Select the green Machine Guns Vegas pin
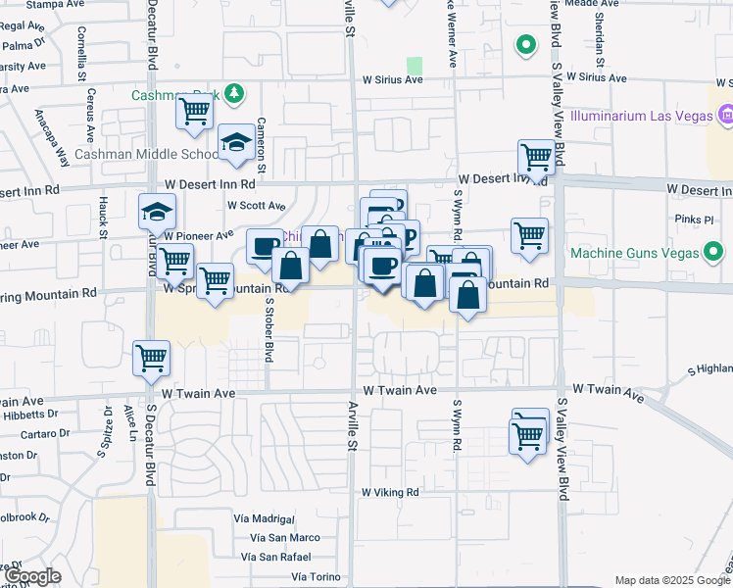[714, 253]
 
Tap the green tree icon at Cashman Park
[233, 94]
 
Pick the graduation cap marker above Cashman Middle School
[236, 143]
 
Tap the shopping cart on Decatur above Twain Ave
[151, 358]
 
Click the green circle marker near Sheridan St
[526, 45]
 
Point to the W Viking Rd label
[390, 492]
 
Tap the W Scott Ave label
[256, 206]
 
